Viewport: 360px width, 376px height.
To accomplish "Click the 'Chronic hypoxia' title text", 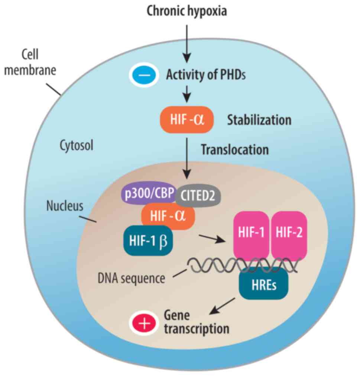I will tap(187, 11).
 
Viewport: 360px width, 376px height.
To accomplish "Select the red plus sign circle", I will tap(143, 324).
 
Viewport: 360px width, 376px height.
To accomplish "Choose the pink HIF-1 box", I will tap(251, 234).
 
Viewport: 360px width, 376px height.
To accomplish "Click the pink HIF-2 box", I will tap(289, 234).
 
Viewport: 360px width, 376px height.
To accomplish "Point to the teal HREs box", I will tap(263, 285).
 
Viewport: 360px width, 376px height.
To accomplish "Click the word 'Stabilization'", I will tap(259, 120).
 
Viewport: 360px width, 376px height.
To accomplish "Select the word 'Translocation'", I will tap(234, 150).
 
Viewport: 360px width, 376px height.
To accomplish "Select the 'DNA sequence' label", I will tap(132, 278).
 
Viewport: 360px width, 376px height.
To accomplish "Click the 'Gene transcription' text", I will tap(196, 322).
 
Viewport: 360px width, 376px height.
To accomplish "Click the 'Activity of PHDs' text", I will tap(205, 75).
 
